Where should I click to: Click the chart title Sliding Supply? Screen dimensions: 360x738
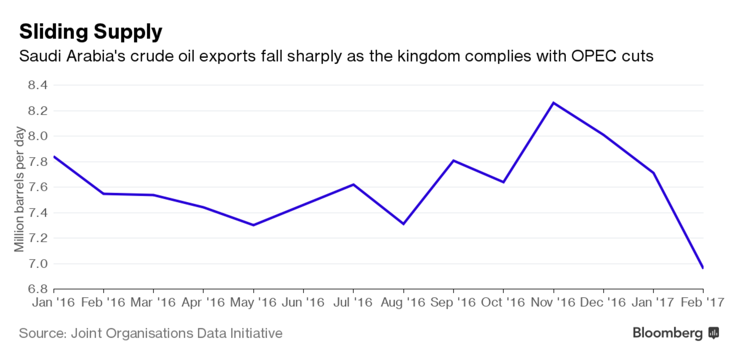(90, 32)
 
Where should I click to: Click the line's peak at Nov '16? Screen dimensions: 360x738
(553, 103)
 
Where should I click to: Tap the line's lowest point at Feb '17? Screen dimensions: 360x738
(702, 267)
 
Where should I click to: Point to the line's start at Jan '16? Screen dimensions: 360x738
(54, 157)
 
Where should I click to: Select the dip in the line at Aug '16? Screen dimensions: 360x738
(404, 224)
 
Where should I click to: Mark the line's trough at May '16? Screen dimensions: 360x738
(253, 225)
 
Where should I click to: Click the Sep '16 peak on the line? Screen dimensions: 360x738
(453, 160)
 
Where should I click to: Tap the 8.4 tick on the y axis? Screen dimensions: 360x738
(37, 85)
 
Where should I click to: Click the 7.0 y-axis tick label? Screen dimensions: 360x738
(37, 264)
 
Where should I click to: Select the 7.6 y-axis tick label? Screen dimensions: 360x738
(37, 187)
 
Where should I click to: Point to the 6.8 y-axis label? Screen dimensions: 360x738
(37, 289)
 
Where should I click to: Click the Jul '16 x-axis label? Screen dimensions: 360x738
(352, 302)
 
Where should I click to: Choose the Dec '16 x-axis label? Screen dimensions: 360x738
(602, 302)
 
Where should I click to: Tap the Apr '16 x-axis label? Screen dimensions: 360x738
(203, 302)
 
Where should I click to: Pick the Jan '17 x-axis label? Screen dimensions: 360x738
(652, 302)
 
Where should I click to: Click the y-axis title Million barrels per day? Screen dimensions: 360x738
(19, 189)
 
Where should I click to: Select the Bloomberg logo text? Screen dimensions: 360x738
(667, 333)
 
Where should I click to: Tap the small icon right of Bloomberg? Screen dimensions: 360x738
(714, 333)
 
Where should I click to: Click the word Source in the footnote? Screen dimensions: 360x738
(41, 333)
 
